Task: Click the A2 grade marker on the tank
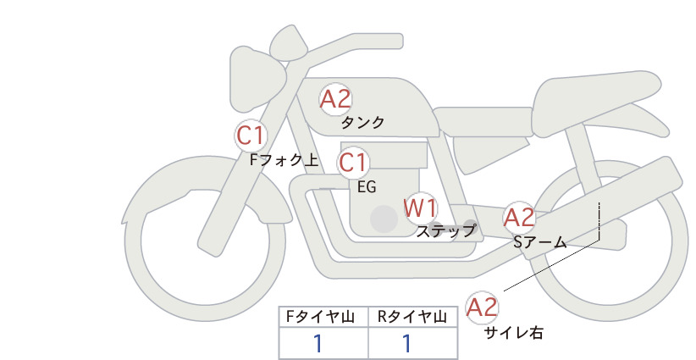335,99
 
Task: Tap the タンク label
362,122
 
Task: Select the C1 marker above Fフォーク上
251,136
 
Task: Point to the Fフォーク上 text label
284,160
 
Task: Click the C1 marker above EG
353,163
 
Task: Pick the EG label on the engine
367,187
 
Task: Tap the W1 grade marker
420,208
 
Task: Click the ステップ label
445,231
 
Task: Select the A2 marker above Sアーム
519,218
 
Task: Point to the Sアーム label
539,242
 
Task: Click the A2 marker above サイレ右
482,307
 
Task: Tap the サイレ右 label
514,333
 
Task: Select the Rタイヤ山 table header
412,317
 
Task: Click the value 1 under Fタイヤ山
318,344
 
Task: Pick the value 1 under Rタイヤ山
406,344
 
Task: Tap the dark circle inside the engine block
384,219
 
